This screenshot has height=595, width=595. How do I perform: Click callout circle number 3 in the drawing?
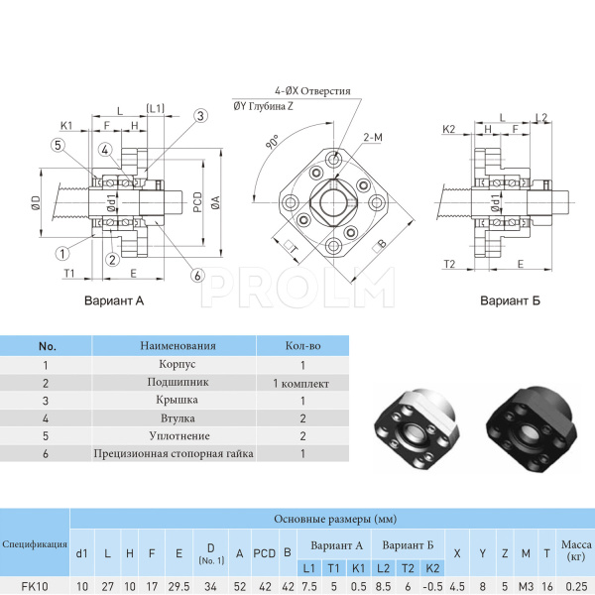click(200, 116)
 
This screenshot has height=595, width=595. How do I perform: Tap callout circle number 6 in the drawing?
click(198, 275)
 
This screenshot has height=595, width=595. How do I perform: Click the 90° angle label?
click(272, 142)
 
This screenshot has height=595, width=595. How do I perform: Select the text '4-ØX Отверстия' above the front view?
click(313, 90)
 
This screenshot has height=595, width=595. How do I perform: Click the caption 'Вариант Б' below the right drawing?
click(510, 300)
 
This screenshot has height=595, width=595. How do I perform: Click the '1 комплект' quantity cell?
click(300, 383)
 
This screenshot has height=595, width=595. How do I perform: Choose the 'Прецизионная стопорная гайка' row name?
click(174, 453)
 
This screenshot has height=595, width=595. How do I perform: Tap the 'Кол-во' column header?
click(300, 346)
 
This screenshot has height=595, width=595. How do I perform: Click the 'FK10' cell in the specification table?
click(35, 586)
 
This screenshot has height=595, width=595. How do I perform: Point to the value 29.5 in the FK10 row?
click(178, 586)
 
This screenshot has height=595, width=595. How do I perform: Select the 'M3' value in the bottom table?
click(526, 586)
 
